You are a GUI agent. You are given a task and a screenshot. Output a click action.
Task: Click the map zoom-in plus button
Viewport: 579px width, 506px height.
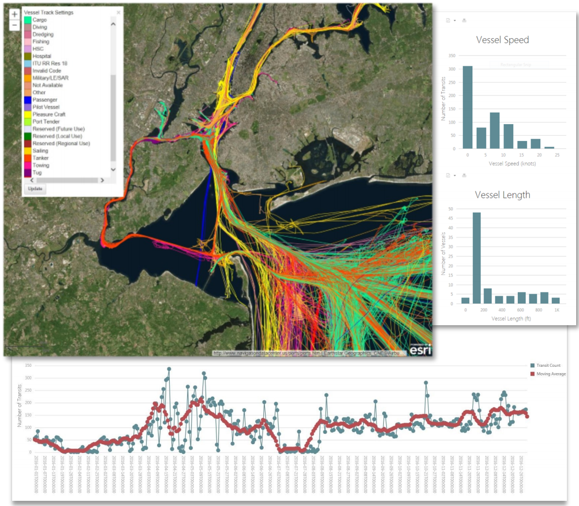click(x=14, y=14)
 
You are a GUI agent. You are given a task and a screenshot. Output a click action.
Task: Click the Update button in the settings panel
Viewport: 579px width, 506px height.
click(x=35, y=189)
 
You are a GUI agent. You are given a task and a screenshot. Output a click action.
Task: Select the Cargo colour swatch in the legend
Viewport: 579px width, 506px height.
click(x=28, y=20)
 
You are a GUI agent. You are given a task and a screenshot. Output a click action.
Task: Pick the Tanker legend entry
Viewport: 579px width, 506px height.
click(x=40, y=158)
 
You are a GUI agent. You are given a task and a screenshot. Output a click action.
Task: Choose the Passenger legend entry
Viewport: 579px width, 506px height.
click(x=44, y=100)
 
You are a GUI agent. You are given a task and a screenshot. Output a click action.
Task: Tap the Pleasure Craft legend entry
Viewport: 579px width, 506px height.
click(x=48, y=114)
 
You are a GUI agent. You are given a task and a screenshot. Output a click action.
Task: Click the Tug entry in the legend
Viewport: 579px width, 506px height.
click(x=37, y=172)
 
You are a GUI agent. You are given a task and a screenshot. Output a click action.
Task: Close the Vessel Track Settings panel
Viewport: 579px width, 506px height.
click(x=118, y=12)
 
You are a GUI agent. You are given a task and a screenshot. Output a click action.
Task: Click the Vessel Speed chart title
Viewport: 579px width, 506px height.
click(x=502, y=40)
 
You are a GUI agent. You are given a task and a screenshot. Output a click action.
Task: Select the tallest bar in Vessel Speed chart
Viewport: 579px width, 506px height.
click(x=467, y=107)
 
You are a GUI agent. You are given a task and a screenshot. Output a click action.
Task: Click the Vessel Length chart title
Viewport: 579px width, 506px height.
click(x=502, y=195)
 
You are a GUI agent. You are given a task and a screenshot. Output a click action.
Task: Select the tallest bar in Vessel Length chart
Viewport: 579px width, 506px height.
click(x=477, y=258)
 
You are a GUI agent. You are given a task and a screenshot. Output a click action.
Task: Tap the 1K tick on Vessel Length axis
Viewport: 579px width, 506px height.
click(x=555, y=310)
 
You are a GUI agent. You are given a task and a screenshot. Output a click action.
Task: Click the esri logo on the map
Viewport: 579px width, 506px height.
click(x=420, y=348)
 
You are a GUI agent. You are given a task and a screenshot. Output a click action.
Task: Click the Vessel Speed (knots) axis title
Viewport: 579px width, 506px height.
click(x=512, y=164)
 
